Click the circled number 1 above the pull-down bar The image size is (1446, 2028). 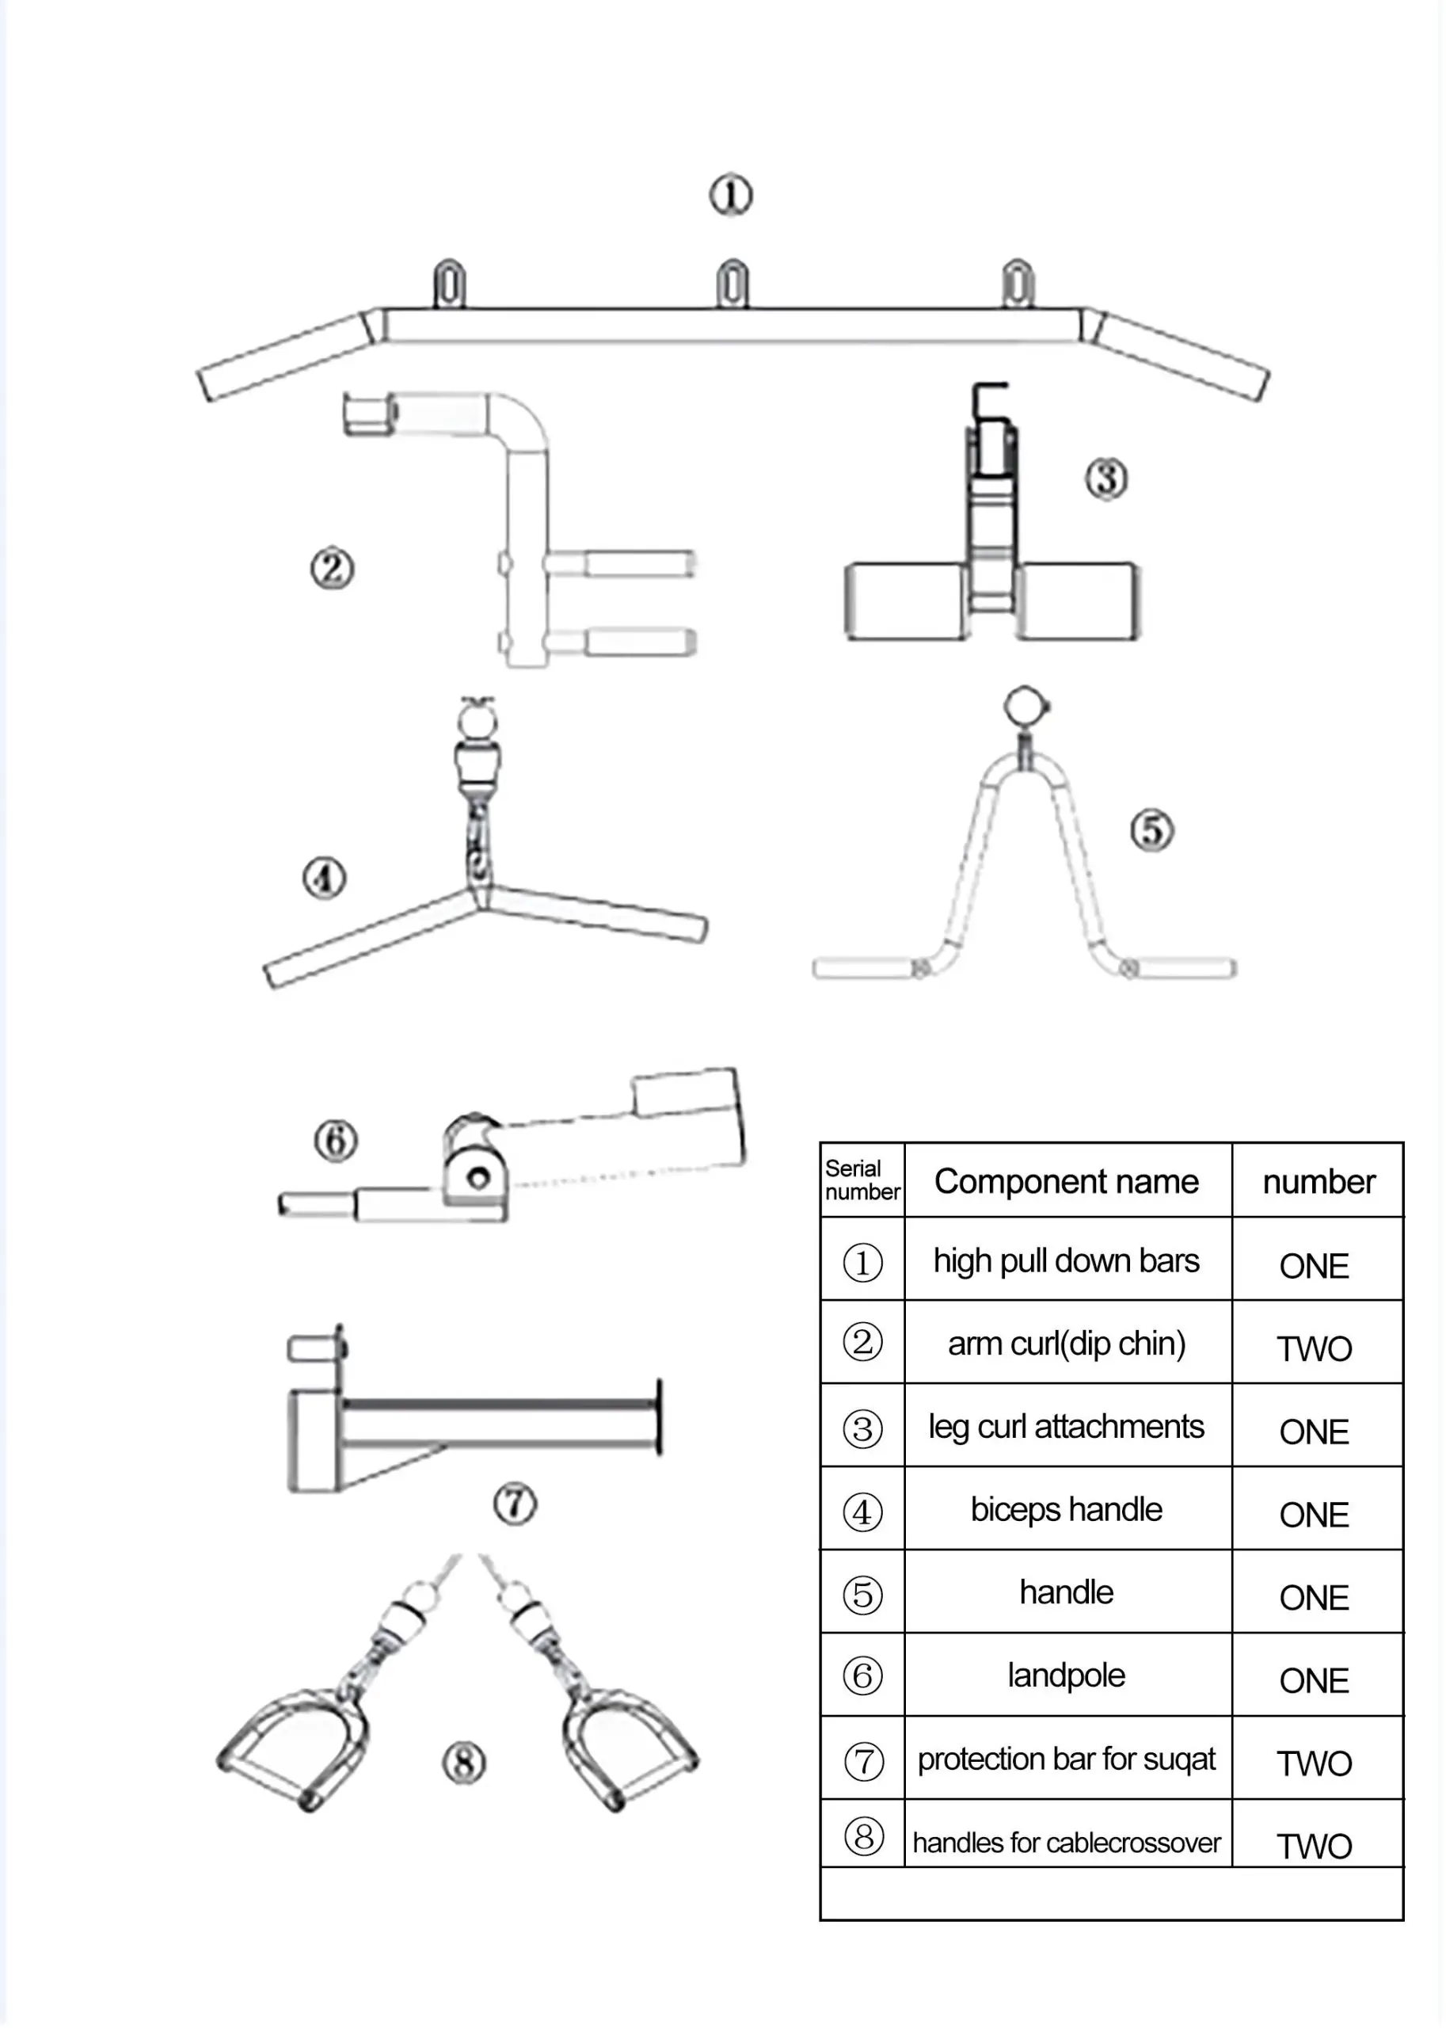point(730,195)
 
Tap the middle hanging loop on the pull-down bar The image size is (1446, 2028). point(732,284)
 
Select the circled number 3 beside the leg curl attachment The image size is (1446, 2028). point(1105,478)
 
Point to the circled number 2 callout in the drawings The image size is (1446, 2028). point(331,568)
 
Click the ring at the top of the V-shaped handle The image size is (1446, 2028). point(1024,707)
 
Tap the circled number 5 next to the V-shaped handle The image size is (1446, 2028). point(1151,830)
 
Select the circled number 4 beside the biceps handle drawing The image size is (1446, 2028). point(323,879)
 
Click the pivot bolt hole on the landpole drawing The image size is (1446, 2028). point(478,1178)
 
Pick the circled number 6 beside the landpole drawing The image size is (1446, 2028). point(336,1140)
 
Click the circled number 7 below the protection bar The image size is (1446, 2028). point(515,1504)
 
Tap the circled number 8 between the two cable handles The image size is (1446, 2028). point(464,1763)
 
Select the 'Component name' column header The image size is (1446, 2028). point(1066,1181)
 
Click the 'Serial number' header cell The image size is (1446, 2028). point(861,1180)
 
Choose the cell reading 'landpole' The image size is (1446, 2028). point(1066,1675)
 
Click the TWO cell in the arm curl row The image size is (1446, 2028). point(1315,1348)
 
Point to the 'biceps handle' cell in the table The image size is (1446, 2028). point(1066,1509)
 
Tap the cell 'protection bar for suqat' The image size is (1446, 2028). point(1066,1759)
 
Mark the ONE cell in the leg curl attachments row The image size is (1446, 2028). point(1315,1431)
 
